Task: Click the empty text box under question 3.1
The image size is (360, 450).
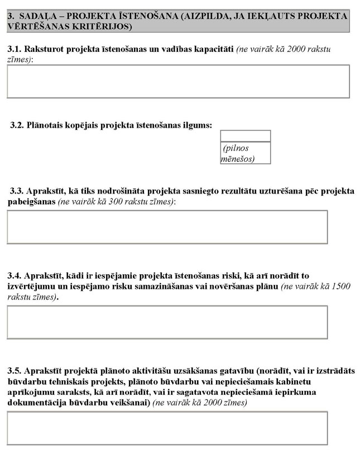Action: [178, 81]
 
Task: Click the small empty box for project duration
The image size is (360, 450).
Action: [245, 136]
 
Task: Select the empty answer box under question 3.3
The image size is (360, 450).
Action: [167, 227]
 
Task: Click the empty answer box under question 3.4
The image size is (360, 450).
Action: [167, 322]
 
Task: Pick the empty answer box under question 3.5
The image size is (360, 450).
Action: [167, 428]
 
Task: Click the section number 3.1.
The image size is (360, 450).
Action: [14, 49]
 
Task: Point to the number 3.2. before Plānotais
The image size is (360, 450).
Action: [17, 125]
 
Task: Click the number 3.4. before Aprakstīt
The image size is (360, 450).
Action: [15, 276]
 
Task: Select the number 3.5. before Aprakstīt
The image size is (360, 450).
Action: [15, 371]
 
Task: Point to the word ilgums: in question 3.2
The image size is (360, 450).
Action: [198, 125]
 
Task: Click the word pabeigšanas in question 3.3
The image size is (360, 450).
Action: [31, 201]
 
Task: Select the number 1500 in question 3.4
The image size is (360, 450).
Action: [340, 287]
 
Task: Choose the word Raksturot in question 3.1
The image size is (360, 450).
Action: [44, 49]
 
